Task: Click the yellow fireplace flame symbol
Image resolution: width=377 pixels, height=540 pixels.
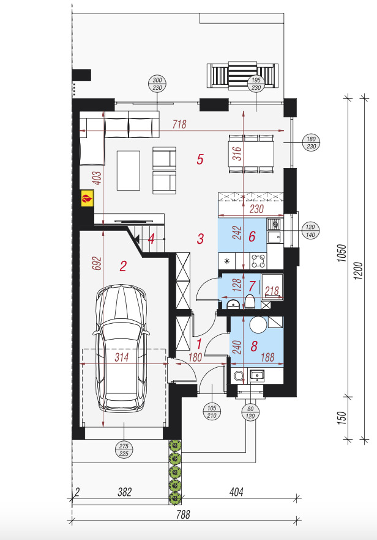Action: click(x=88, y=199)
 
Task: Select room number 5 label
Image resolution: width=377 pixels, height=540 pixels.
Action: click(x=200, y=159)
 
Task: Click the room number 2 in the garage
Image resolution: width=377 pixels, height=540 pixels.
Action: click(x=123, y=266)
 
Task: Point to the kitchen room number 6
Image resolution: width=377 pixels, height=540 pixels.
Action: click(x=252, y=236)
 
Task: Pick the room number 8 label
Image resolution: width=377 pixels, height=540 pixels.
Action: click(x=254, y=346)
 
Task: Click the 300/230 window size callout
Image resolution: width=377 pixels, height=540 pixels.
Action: click(x=157, y=84)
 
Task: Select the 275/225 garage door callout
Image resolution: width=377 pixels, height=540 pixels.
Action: click(x=124, y=450)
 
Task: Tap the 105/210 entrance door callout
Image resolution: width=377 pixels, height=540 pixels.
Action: click(x=212, y=412)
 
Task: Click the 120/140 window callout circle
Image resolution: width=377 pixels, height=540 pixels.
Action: click(x=310, y=231)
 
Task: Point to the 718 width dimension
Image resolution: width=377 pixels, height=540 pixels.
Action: click(x=180, y=125)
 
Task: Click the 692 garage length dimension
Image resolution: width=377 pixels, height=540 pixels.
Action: click(x=97, y=263)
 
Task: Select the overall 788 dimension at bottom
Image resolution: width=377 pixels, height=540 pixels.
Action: click(x=183, y=514)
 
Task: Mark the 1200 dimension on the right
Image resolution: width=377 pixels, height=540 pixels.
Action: click(x=359, y=271)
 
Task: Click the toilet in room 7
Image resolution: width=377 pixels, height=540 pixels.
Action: click(x=249, y=302)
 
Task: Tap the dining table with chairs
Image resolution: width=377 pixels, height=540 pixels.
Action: click(x=251, y=154)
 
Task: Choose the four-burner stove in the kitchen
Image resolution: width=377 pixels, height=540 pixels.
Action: click(x=259, y=261)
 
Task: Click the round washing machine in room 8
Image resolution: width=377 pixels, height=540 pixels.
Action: click(x=258, y=324)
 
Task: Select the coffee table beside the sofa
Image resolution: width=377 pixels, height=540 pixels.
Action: click(x=129, y=170)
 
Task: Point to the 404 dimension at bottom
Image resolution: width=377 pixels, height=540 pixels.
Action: click(x=236, y=492)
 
